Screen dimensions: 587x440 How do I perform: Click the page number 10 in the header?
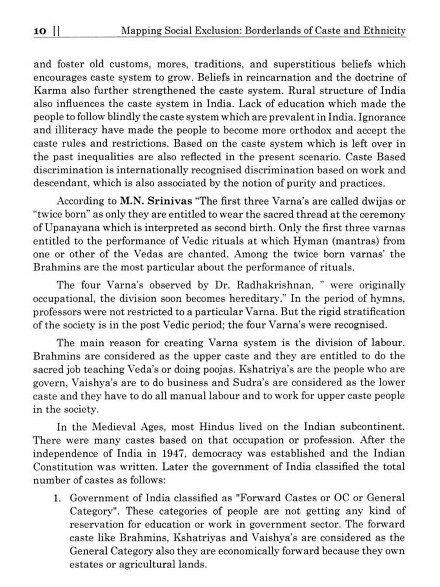[x=40, y=31]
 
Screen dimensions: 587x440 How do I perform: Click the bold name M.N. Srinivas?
[x=156, y=201]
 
